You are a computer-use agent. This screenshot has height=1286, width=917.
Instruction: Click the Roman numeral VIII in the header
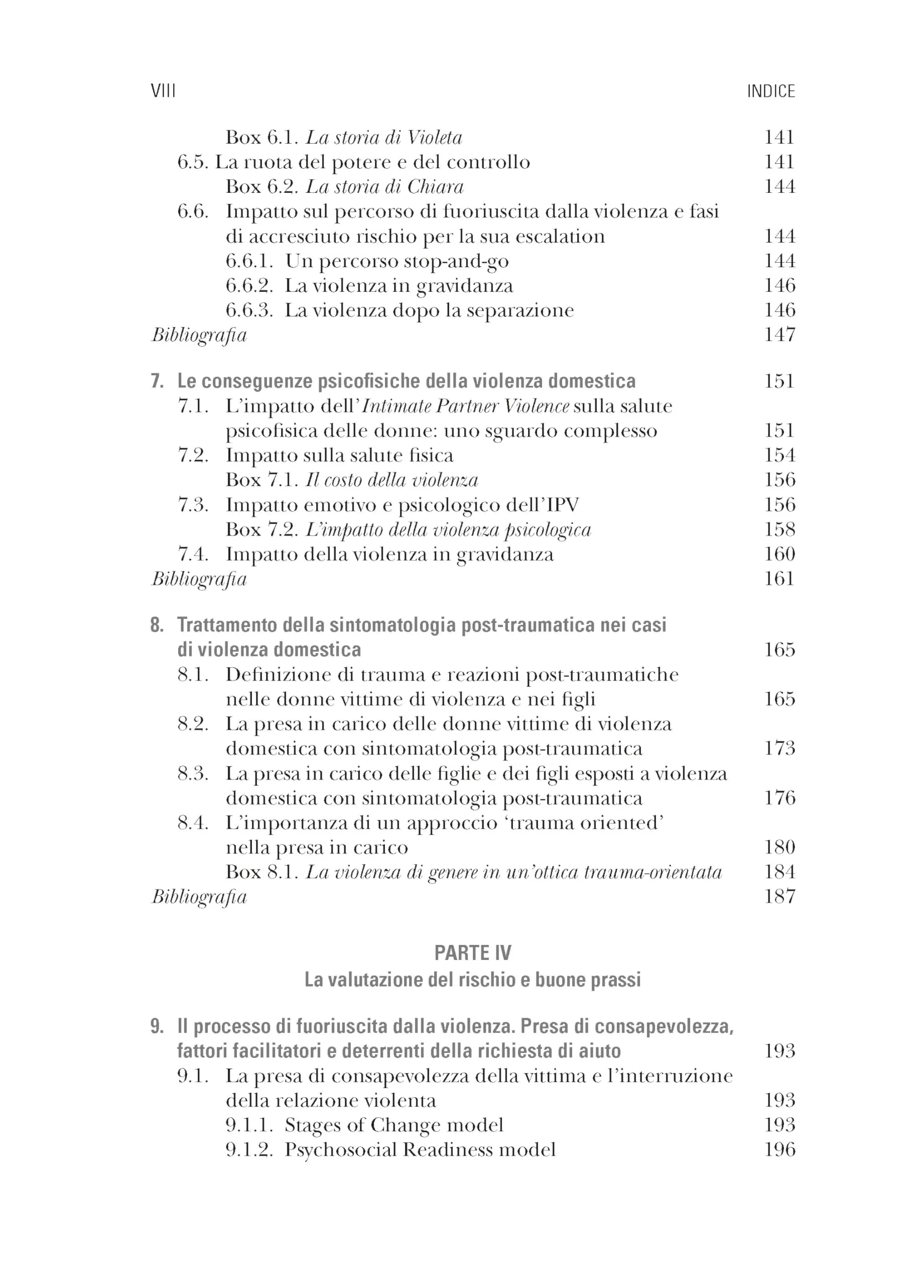[163, 91]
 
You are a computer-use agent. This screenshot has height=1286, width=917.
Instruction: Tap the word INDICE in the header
[771, 91]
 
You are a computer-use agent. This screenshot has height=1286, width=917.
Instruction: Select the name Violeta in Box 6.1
[435, 138]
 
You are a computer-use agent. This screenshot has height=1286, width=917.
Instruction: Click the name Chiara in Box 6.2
[435, 187]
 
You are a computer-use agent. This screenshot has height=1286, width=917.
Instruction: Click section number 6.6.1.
[249, 261]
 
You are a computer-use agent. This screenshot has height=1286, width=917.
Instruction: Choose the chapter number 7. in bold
[158, 381]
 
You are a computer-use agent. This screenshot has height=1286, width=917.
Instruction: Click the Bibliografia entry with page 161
[199, 579]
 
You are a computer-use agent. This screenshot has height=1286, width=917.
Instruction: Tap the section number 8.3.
[193, 774]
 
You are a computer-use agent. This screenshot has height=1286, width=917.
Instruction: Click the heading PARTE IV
[473, 953]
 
